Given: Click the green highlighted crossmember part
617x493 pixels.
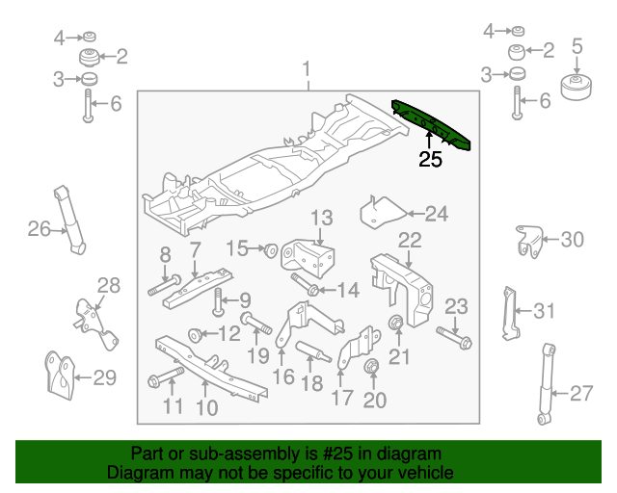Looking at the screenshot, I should (x=433, y=123).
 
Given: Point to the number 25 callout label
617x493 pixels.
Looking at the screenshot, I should (x=430, y=160).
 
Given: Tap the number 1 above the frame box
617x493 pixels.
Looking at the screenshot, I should (x=307, y=69).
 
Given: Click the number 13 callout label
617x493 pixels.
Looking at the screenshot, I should (x=320, y=218).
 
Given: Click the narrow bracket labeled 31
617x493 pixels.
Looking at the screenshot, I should (x=507, y=312).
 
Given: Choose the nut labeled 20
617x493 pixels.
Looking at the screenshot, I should (x=370, y=367).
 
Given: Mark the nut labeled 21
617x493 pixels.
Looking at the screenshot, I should (x=395, y=322).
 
